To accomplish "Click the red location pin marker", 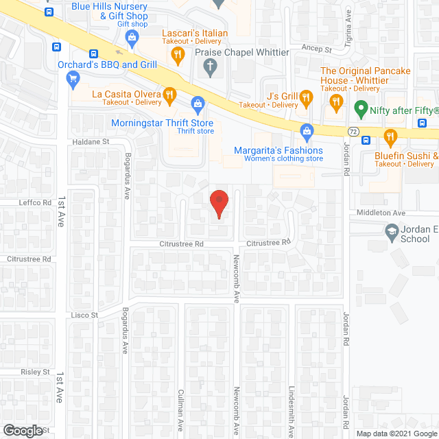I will [x=219, y=203].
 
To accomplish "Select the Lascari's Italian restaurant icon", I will [x=178, y=54].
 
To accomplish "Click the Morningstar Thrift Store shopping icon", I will [x=198, y=104].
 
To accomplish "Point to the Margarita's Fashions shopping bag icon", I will [x=307, y=130].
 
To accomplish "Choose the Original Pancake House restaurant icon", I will [x=335, y=103].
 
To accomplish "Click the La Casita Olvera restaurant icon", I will [x=167, y=94].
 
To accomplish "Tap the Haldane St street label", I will [x=91, y=141].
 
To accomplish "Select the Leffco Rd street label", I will [x=38, y=203].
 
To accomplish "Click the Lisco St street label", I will [x=84, y=315].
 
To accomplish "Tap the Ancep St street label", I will [x=317, y=49].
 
